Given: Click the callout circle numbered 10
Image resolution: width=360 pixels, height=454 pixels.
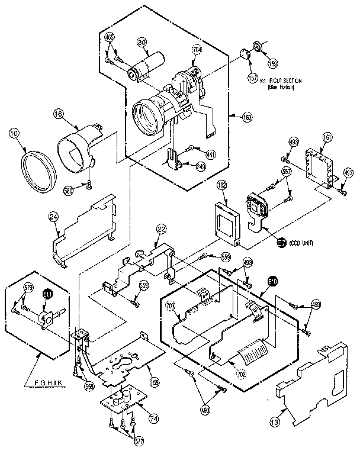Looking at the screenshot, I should pos(13,133).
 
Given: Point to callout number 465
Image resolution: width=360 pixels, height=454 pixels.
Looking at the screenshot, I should pos(110,37).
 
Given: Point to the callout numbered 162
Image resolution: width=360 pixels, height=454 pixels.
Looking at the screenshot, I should pos(222,185).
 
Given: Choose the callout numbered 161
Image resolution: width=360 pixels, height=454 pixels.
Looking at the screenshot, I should pos(327,137).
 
